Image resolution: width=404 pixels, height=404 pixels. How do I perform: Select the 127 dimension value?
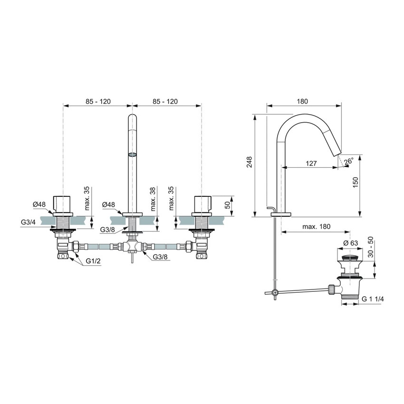(311, 163)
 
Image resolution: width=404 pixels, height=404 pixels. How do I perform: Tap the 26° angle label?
(348, 162)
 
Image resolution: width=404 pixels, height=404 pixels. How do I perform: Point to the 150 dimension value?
(355, 183)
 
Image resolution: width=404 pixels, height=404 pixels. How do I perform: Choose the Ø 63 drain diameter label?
(350, 244)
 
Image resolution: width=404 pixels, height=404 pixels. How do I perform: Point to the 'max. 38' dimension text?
(153, 199)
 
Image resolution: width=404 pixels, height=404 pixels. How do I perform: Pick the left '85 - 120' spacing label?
(97, 101)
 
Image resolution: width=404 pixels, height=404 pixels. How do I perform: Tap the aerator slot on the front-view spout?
(132, 154)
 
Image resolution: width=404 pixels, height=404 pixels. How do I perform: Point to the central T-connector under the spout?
(131, 247)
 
